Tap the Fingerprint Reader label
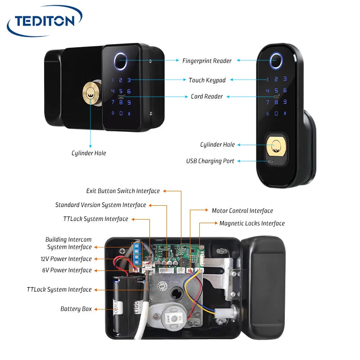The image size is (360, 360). (207, 61)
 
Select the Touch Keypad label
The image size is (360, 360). (207, 80)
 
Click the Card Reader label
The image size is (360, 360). (207, 96)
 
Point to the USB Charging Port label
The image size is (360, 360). (210, 161)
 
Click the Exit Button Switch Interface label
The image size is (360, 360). (123, 191)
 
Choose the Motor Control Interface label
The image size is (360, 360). (242, 211)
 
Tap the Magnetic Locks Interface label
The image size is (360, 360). (252, 223)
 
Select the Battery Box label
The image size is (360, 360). (76, 309)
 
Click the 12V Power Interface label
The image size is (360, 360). (66, 259)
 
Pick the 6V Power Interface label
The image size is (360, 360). (67, 270)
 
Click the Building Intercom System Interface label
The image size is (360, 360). (68, 243)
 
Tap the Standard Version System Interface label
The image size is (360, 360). (100, 205)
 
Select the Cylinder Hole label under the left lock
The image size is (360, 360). (89, 153)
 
